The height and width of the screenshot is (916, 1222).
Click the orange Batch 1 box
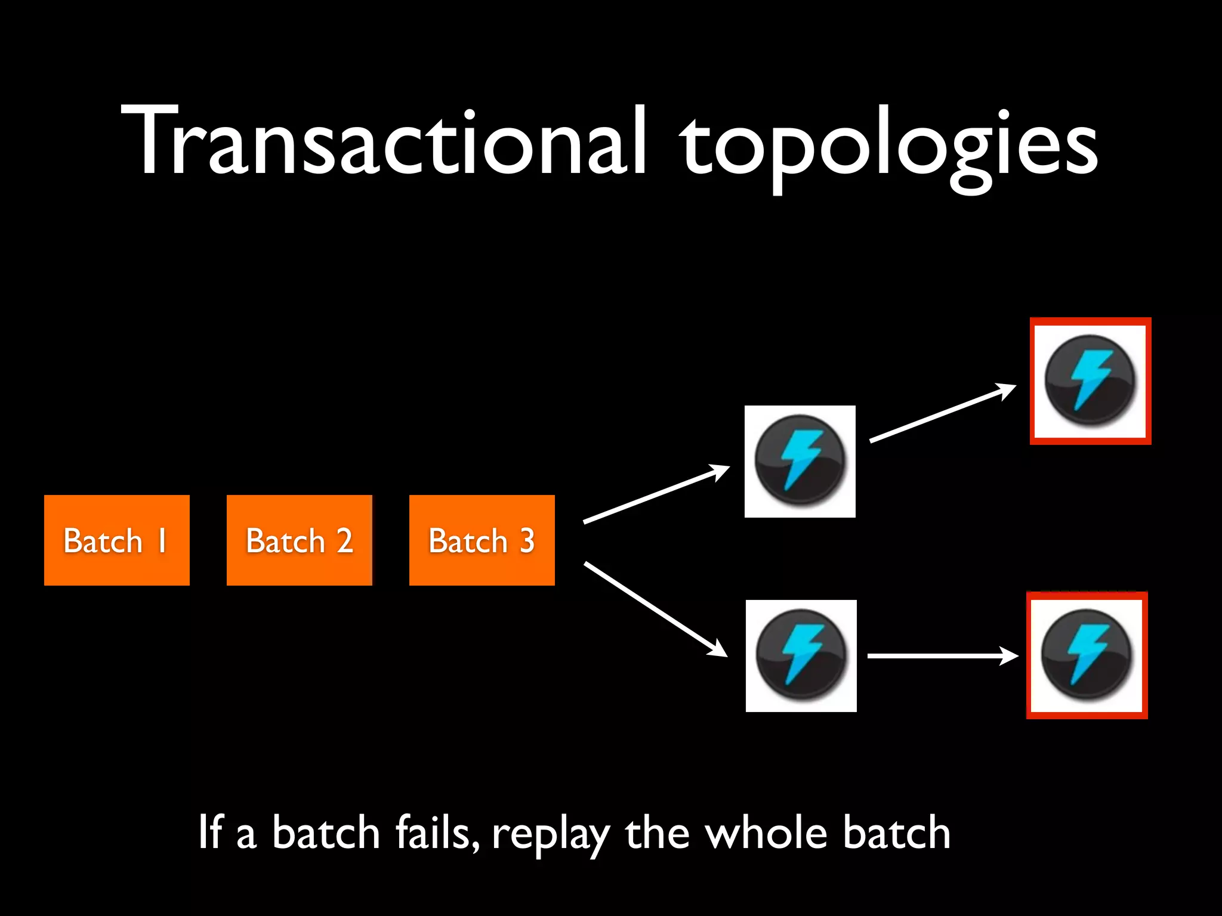[116, 540]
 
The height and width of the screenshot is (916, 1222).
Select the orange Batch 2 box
[299, 540]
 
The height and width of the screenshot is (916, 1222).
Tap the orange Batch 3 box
[482, 540]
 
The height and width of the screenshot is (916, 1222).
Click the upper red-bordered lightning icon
[1090, 381]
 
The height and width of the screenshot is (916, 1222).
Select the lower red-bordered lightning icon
[1087, 655]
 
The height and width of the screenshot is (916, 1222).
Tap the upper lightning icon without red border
[800, 461]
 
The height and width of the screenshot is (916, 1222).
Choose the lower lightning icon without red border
[801, 655]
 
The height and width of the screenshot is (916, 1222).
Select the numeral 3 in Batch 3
[526, 540]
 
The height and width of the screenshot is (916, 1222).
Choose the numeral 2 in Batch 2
[344, 540]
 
